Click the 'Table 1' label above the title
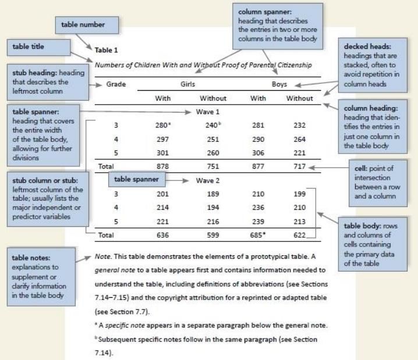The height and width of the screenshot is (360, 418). [x=106, y=50]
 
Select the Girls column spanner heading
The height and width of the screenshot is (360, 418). [x=187, y=84]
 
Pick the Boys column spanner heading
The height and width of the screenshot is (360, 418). [x=279, y=84]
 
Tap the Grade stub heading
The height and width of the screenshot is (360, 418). [x=116, y=84]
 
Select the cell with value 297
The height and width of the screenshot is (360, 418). [x=163, y=139]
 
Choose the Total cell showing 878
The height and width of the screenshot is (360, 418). [x=163, y=166]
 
